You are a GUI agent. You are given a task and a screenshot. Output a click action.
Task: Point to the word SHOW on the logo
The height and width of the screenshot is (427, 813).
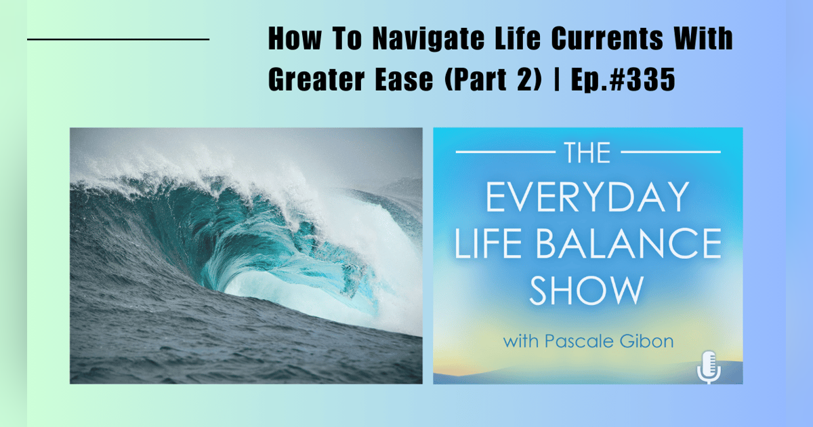[x=587, y=289]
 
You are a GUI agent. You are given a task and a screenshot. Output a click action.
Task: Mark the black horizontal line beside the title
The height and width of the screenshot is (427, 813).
[x=118, y=40]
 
